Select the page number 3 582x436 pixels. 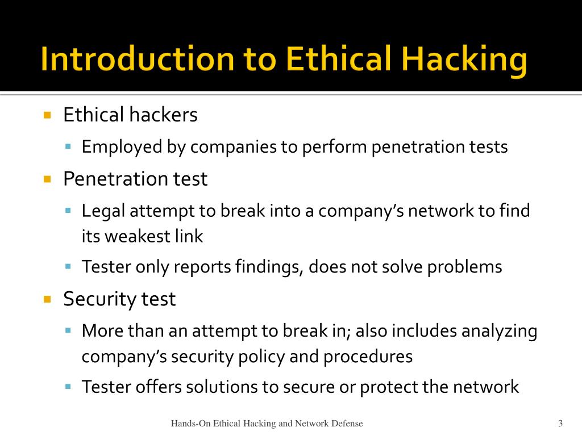point(560,423)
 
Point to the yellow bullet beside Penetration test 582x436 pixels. point(47,179)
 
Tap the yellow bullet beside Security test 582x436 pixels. point(47,299)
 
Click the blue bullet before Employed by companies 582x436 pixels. point(68,147)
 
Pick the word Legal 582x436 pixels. point(103,211)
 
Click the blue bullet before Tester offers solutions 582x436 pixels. point(68,387)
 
